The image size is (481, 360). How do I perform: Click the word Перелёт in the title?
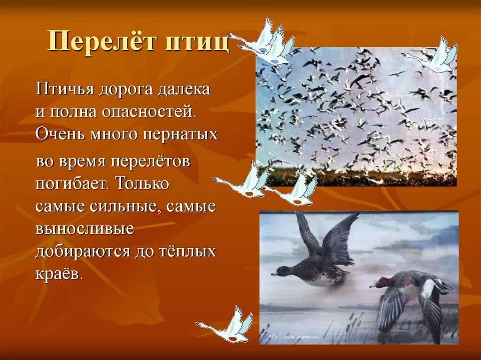(100, 42)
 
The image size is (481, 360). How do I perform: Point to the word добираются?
(83, 252)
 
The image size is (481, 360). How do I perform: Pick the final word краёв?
(58, 274)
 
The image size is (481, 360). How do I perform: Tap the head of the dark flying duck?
(281, 271)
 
